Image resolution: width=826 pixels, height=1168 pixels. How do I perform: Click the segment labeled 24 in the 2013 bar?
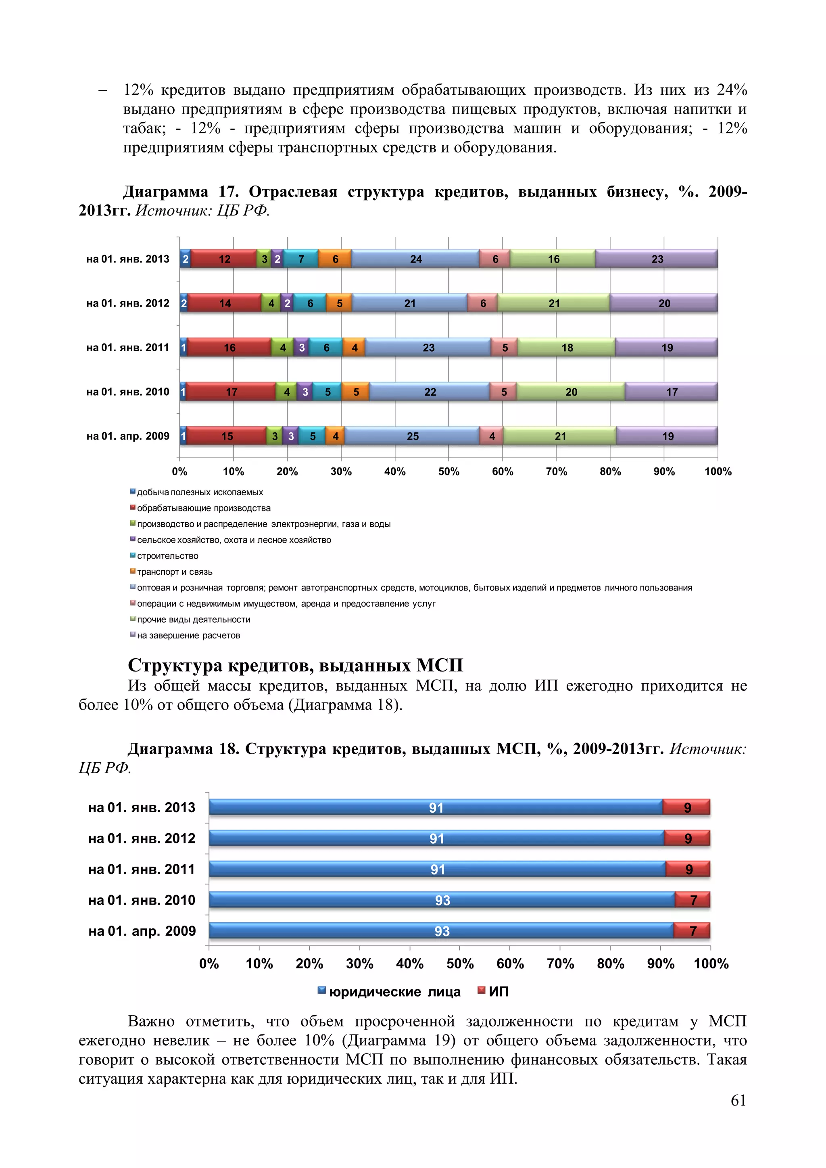(415, 259)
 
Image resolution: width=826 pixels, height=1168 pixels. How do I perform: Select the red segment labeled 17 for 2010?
(232, 392)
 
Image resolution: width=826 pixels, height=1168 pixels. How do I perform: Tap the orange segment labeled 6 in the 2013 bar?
(335, 259)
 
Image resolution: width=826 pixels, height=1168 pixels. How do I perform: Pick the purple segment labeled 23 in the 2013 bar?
(657, 259)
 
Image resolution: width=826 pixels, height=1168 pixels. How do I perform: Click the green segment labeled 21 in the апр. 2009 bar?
(560, 436)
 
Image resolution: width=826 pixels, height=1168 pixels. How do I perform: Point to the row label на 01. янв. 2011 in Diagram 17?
(128, 347)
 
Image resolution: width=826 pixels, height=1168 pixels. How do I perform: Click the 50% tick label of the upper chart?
(448, 471)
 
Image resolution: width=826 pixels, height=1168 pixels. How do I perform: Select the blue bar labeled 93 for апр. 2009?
(442, 931)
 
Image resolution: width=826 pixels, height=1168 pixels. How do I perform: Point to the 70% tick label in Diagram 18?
(560, 964)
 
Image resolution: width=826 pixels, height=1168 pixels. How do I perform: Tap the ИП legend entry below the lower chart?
(497, 991)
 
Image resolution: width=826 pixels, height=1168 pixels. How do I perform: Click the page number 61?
(738, 1100)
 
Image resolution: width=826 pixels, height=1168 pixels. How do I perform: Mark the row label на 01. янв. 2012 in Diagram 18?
(142, 838)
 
